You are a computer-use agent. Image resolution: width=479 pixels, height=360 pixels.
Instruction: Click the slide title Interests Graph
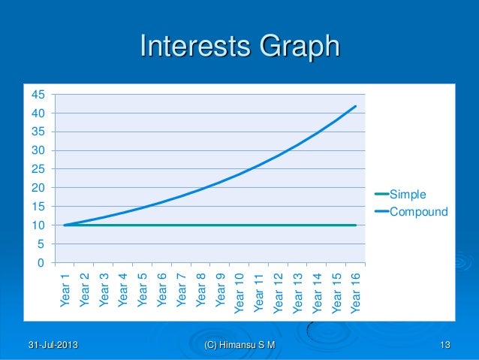click(239, 47)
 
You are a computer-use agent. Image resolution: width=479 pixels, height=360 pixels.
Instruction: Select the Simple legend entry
click(405, 195)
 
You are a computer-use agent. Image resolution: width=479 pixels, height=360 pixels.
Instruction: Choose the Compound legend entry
click(417, 212)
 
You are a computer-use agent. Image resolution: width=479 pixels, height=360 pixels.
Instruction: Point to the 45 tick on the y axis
click(37, 95)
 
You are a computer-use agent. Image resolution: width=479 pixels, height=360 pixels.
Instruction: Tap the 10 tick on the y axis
click(37, 225)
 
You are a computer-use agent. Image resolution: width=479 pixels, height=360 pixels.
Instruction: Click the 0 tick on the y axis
click(40, 263)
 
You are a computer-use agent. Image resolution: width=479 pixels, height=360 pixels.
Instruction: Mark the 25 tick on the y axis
click(37, 169)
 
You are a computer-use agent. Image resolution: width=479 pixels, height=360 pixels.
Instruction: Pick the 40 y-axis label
click(37, 113)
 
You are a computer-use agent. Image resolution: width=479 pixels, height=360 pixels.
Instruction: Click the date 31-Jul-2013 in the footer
click(53, 345)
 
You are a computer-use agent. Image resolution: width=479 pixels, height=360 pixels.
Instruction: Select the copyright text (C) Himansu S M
click(239, 345)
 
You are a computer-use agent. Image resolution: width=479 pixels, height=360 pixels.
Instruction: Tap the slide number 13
click(445, 345)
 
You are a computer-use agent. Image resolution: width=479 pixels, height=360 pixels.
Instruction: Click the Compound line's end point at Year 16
click(356, 106)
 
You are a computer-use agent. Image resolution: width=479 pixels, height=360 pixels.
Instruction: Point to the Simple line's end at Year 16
click(356, 225)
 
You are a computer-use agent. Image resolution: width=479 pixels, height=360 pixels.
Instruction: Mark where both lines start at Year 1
click(65, 225)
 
